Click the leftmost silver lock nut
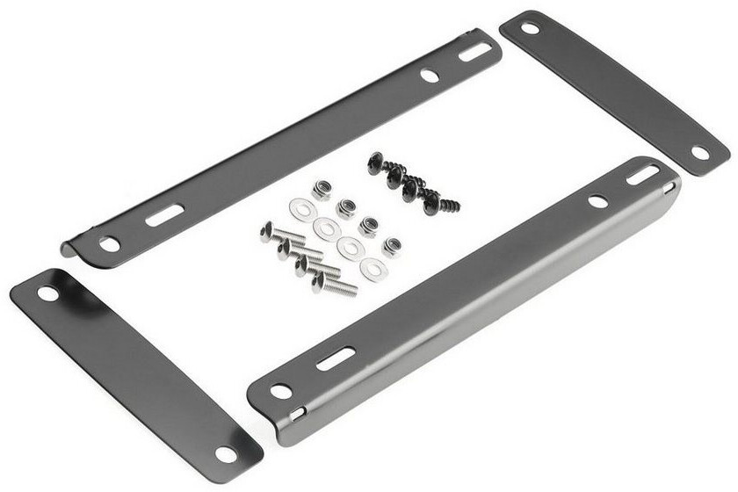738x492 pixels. (x=322, y=190)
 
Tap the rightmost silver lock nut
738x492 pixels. (x=391, y=246)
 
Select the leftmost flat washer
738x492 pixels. (x=301, y=209)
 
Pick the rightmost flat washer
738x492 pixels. (x=374, y=270)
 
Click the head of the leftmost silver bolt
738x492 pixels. (x=267, y=232)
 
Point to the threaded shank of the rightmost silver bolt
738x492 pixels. (x=341, y=287)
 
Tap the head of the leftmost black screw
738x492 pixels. (x=375, y=163)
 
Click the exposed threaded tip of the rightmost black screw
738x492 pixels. (x=450, y=206)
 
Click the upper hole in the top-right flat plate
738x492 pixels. (x=530, y=27)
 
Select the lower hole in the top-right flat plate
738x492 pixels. (x=699, y=152)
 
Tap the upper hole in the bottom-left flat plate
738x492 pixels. (x=47, y=293)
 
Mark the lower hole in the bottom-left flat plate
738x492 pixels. (x=226, y=453)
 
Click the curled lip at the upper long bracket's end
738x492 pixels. (x=70, y=250)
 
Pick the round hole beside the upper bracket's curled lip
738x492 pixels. (x=109, y=243)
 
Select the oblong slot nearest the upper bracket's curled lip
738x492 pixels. (x=164, y=215)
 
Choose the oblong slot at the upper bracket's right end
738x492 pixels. (x=475, y=52)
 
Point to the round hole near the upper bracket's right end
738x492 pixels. (x=430, y=76)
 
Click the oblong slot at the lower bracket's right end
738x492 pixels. (x=643, y=175)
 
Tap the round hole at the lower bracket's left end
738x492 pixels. (x=281, y=391)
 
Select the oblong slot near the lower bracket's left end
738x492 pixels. (x=335, y=358)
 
